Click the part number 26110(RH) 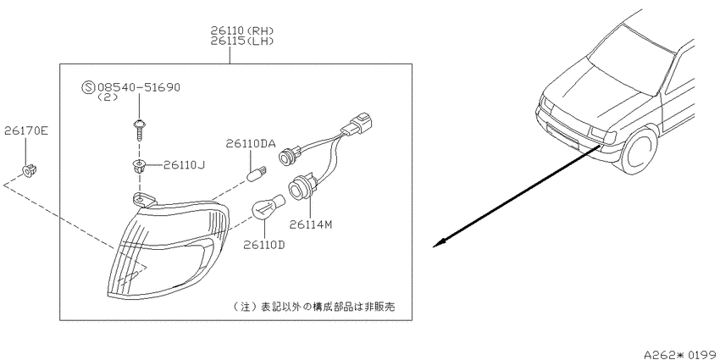242,30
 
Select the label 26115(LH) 242,41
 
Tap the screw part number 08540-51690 138,87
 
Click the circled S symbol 87,87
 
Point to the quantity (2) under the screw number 108,97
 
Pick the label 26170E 25,131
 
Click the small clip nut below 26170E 30,170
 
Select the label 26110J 184,164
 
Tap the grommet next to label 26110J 138,166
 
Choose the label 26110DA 250,144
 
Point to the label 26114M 310,224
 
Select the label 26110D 264,245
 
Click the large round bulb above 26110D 269,206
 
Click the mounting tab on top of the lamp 144,200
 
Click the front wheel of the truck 639,152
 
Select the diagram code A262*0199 680,354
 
